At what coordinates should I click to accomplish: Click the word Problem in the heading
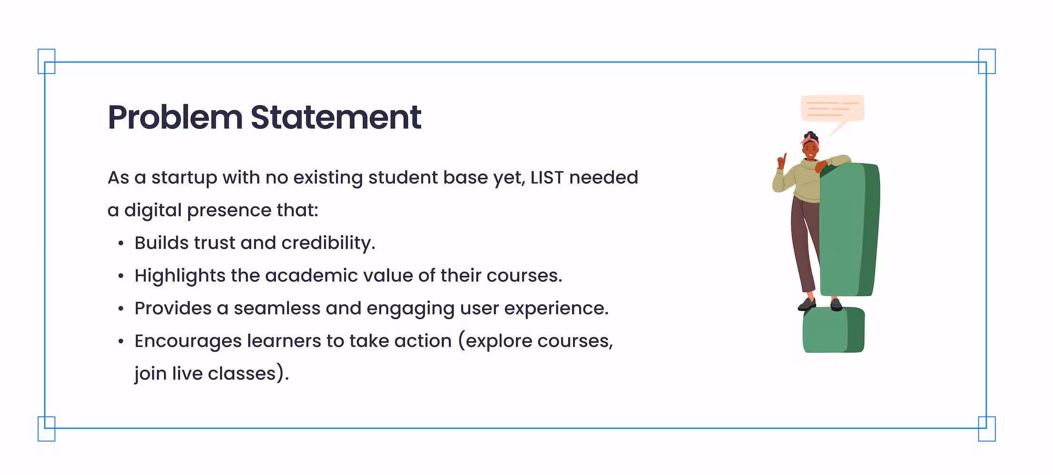[175, 117]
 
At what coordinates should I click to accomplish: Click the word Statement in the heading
[336, 117]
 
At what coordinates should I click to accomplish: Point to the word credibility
[328, 243]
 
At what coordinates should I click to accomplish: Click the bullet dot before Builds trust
[121, 244]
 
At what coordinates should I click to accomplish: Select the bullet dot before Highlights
[121, 276]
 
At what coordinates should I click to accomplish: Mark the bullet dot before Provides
[121, 309]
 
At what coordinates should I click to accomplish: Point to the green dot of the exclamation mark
[833, 330]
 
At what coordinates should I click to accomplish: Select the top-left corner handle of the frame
[47, 61]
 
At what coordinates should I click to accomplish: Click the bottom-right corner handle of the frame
[987, 428]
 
